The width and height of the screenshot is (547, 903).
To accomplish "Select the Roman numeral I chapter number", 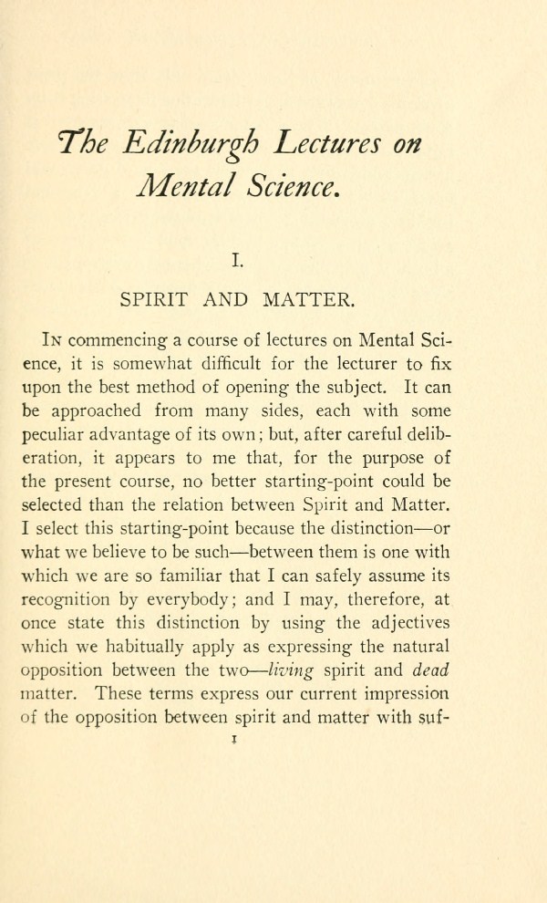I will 236,262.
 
